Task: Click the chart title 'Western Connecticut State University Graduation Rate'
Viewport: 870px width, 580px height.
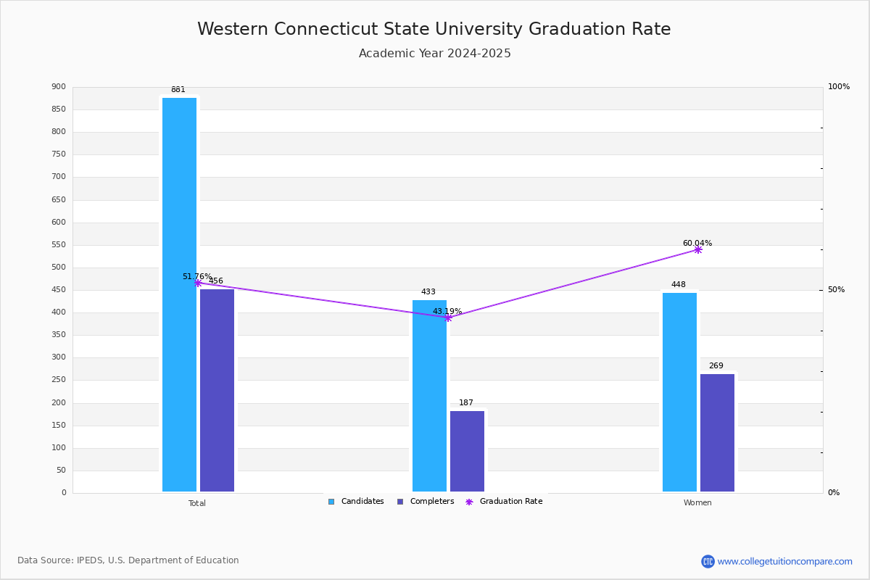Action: click(434, 29)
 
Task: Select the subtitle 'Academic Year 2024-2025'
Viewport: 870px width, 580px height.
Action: click(434, 54)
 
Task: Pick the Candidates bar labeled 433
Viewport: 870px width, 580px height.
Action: click(429, 395)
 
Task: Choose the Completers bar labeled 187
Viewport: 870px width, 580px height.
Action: click(467, 451)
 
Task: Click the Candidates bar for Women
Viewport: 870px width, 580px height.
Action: click(679, 391)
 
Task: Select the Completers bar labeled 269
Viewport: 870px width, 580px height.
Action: click(717, 432)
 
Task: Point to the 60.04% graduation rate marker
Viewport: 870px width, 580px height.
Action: click(697, 249)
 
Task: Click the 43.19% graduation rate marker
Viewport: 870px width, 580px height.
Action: click(448, 318)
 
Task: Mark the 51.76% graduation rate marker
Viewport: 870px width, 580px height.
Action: click(197, 283)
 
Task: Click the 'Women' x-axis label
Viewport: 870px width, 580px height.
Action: click(697, 503)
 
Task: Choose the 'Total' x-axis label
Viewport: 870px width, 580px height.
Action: click(197, 503)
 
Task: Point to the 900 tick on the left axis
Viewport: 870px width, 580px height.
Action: click(59, 87)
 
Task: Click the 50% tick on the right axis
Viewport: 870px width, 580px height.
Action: click(836, 290)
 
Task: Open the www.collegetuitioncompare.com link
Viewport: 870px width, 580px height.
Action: click(784, 561)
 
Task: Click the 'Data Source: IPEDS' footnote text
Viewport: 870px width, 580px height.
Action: click(128, 560)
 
